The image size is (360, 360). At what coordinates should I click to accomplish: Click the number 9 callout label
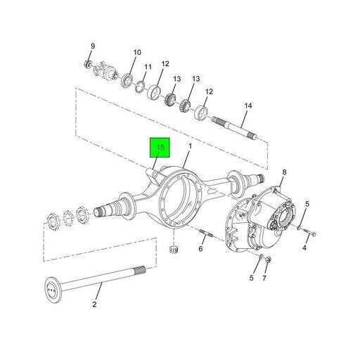91,46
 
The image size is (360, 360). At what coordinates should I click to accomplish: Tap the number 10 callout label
137,52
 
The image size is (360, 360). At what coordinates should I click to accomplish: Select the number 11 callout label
148,67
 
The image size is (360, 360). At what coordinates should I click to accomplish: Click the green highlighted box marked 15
160,148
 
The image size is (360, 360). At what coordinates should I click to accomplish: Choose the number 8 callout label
284,172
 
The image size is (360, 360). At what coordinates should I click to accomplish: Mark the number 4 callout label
305,248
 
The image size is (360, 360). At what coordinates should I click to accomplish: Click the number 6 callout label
200,249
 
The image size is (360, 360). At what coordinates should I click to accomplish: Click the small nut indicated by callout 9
87,65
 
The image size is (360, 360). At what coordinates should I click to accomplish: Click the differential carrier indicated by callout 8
264,218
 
